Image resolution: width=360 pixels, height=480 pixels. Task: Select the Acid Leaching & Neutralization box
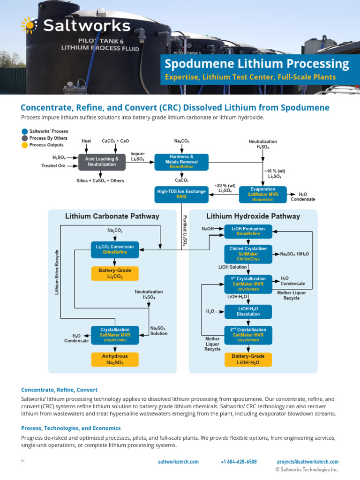coord(102,162)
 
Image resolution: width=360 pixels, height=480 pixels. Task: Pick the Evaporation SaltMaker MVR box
coord(262,194)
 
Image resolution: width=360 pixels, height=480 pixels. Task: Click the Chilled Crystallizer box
coord(248,254)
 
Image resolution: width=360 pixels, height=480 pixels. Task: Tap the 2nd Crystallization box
coord(248,335)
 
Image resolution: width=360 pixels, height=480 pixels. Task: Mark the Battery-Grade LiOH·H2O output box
coord(248,360)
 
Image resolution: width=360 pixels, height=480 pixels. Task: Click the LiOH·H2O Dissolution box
coord(248,311)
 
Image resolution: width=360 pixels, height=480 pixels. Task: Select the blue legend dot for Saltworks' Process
coord(24,131)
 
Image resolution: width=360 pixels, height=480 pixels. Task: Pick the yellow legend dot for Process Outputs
coord(24,145)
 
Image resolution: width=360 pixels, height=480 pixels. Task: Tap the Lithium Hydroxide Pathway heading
coord(253,216)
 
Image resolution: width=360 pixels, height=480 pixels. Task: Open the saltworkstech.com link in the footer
coord(178,462)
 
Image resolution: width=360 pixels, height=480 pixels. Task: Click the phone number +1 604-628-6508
coord(239,462)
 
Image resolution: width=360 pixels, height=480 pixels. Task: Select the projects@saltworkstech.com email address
coord(307,462)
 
